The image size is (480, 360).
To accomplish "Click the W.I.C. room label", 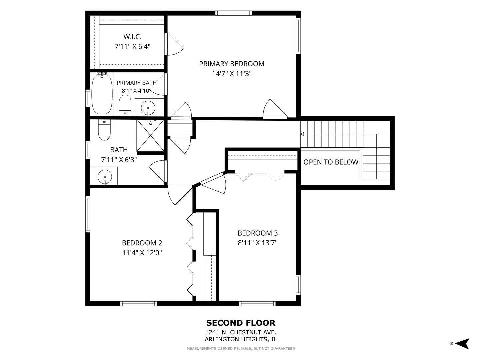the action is tap(132, 37).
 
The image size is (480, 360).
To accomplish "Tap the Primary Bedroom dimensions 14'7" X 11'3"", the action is tap(232, 74).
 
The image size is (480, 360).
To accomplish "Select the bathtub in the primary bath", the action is tap(102, 94).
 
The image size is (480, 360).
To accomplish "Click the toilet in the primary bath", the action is tap(125, 105).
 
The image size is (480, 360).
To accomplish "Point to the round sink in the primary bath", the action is tap(148, 108).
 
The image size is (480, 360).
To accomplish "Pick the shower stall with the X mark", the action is tap(150, 136).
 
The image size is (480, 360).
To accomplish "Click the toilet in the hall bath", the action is tap(104, 130).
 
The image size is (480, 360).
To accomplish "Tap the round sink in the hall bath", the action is tap(105, 177).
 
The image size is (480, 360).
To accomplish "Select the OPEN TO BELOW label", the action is tap(331, 162).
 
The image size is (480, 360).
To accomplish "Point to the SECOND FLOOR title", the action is tap(241, 323).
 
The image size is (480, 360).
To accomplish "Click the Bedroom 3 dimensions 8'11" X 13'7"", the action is tap(258, 243).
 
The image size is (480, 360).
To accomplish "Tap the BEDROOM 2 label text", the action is tap(142, 243).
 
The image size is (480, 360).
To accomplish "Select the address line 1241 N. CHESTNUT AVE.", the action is tap(241, 332).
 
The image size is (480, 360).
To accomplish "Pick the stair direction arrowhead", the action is tap(302, 134).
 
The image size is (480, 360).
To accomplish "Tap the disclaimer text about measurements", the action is tap(241, 348).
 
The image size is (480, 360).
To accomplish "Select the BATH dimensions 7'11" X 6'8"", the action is tap(119, 160).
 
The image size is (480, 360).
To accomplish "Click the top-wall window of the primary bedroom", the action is tap(234, 13).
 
